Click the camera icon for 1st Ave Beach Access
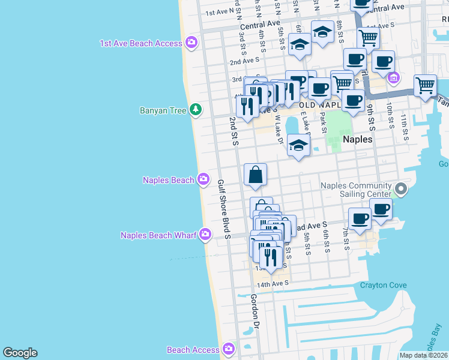click(191, 43)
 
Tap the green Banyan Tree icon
click(195, 110)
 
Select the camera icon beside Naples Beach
click(203, 179)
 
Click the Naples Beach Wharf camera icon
click(205, 234)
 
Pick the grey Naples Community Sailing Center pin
click(402, 190)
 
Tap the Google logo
click(20, 353)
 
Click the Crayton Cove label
click(383, 285)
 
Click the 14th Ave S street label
click(273, 283)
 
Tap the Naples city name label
click(358, 139)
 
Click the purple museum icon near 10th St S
click(393, 77)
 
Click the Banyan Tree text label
click(164, 110)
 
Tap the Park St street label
click(322, 122)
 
